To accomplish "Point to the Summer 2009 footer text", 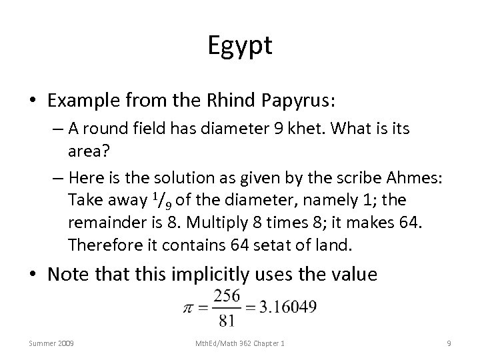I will click(52, 343).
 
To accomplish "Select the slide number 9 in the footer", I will click(449, 343).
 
